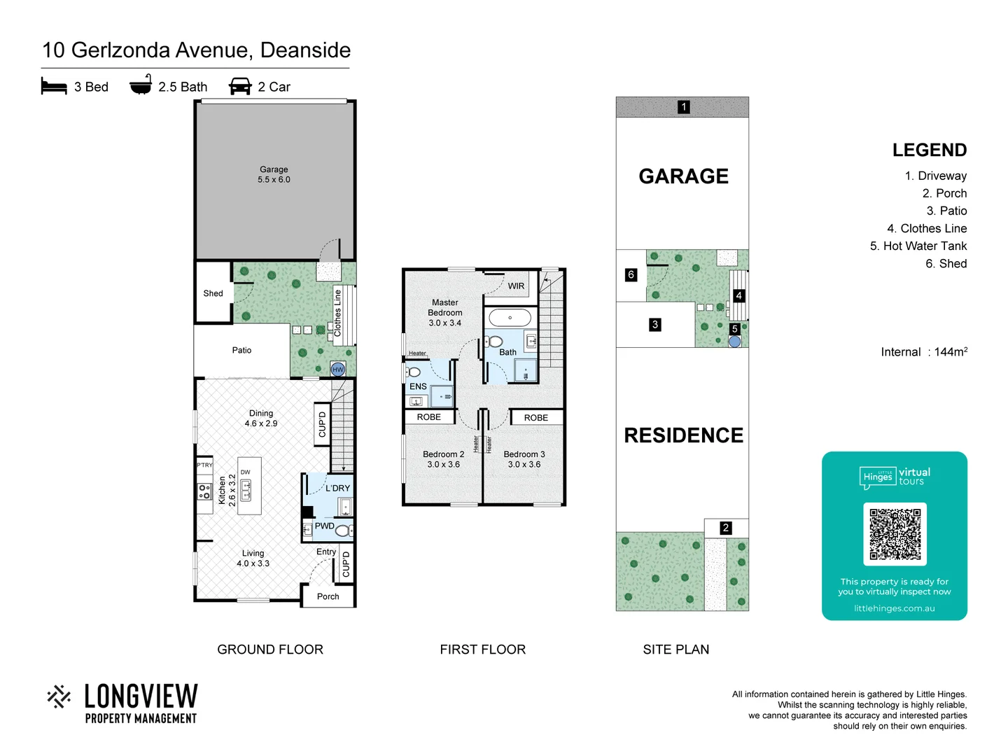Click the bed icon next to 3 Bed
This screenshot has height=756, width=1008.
coord(54,86)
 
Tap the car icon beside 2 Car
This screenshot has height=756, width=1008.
coord(240,86)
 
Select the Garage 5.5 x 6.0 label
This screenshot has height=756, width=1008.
coord(274,174)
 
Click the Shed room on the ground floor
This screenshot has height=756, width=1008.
coord(213,293)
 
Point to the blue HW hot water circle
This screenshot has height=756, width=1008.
coord(338,369)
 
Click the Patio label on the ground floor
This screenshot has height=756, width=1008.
coord(241,350)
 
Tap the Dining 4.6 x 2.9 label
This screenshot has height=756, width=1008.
coord(261,418)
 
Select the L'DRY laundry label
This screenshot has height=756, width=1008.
coord(337,488)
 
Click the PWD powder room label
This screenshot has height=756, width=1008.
coord(324,526)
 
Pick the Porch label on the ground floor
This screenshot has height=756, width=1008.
coord(328,596)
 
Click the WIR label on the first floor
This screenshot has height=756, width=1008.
coord(516,286)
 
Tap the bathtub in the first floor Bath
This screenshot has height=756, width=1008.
coord(510,318)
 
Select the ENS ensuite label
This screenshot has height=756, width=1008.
coord(418,386)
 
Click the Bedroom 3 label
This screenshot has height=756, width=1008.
coord(524,459)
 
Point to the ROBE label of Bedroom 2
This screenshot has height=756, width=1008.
coord(429,417)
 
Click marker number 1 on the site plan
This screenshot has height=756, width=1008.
coord(684,107)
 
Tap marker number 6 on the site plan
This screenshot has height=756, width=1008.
coord(631,274)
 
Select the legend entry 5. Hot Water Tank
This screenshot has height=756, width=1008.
coord(918,246)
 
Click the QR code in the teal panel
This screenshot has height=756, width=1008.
coord(895,533)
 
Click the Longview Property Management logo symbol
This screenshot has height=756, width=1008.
coord(59,696)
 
